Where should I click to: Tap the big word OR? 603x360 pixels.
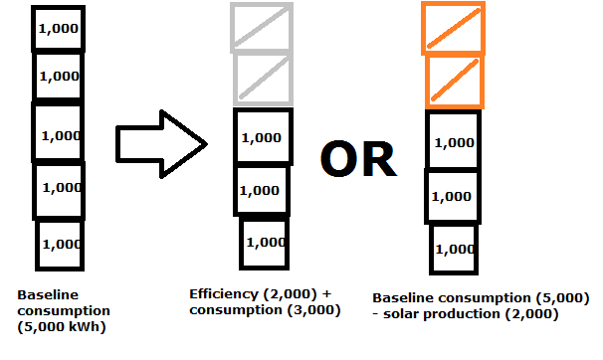pyautogui.click(x=358, y=159)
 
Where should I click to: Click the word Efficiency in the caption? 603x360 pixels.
pyautogui.click(x=224, y=294)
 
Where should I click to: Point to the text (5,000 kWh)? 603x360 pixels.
pyautogui.click(x=62, y=327)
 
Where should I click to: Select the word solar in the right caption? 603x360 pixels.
pyautogui.click(x=401, y=314)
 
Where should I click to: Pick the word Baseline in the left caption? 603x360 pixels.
pyautogui.click(x=48, y=295)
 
